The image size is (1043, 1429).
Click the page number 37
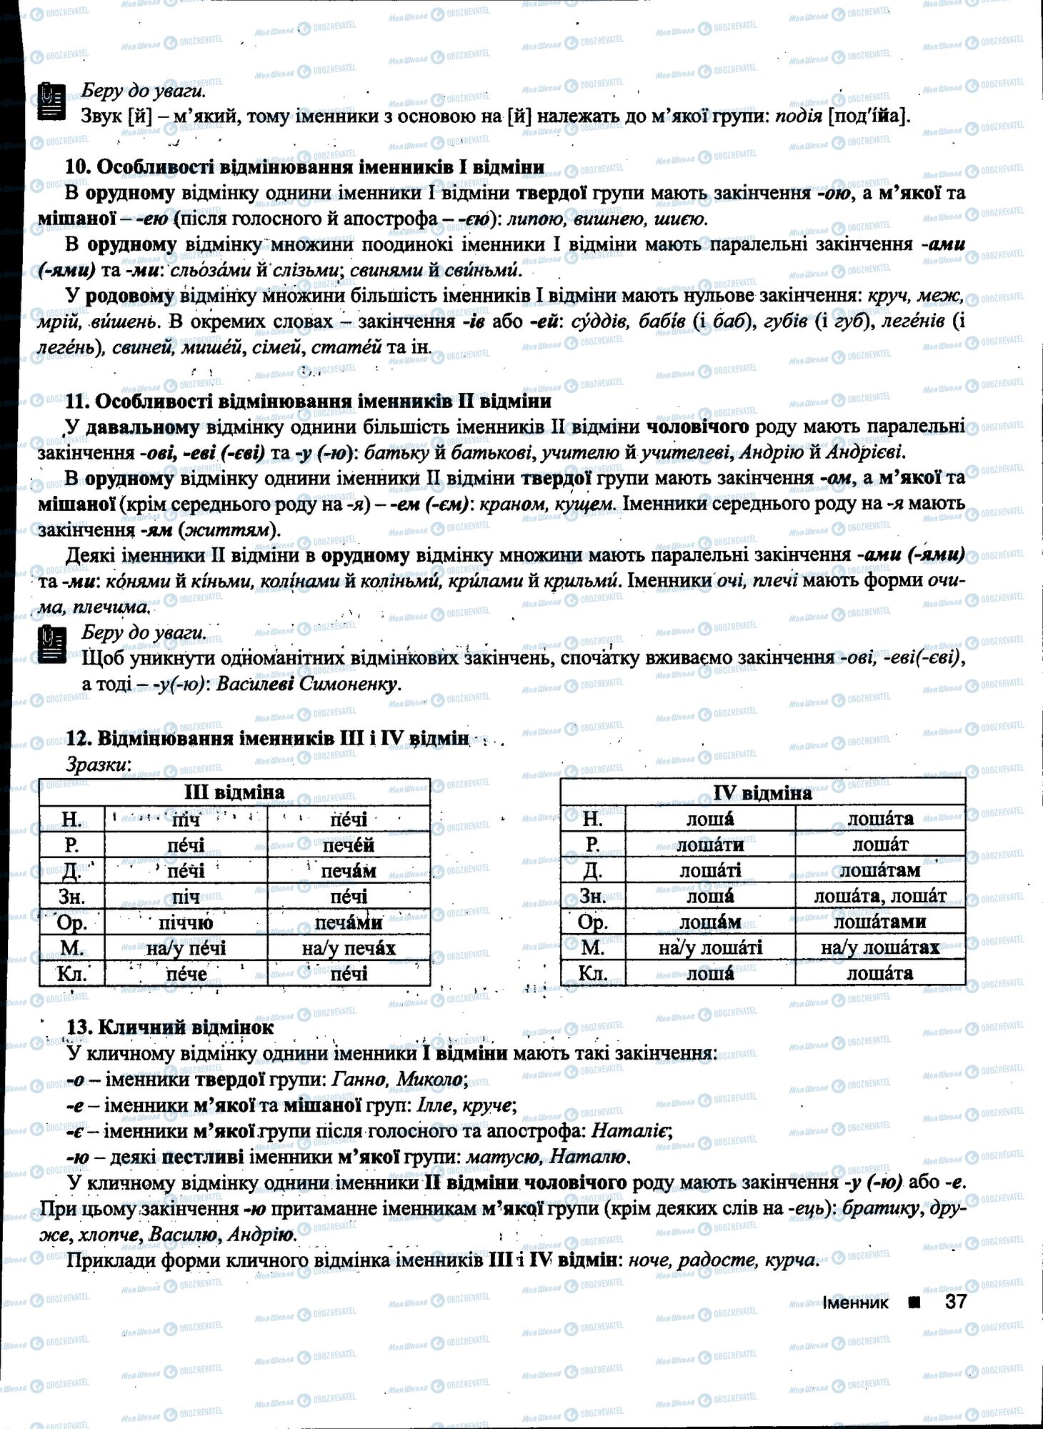pos(955,1301)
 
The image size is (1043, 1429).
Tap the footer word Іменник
pos(855,1302)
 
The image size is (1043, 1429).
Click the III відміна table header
pos(234,792)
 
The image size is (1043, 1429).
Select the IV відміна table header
pos(762,792)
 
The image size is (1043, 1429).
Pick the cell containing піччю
pos(186,922)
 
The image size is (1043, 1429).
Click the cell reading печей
pos(349,845)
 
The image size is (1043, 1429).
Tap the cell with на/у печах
pos(349,948)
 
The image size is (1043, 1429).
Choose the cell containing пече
pos(186,974)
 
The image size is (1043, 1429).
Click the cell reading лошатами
pos(880,922)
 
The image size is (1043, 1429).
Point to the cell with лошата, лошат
pos(880,896)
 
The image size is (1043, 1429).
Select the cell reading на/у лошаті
pos(710,947)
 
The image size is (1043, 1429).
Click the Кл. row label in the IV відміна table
pos(592,973)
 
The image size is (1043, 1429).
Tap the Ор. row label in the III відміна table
pos(71,922)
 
